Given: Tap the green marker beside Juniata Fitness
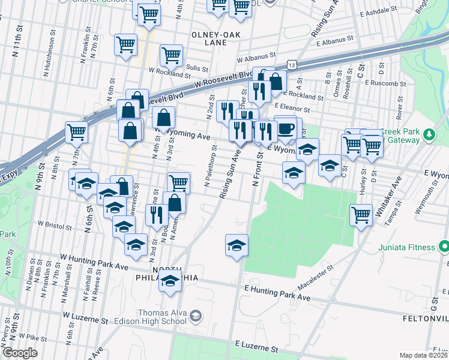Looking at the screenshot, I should pos(442,247).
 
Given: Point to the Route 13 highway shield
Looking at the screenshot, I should pos(291,64).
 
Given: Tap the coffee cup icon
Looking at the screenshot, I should pos(286,128).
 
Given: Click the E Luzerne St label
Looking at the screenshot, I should pos(256,347).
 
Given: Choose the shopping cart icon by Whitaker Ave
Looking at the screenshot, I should pos(361,214).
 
